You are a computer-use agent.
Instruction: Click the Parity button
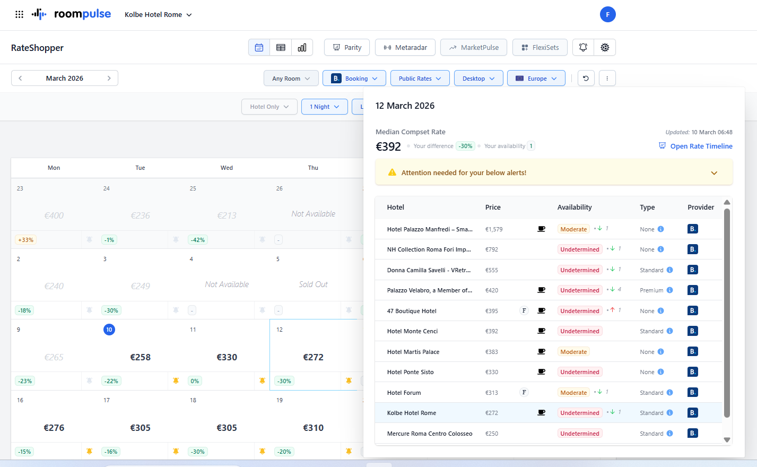click(x=347, y=47)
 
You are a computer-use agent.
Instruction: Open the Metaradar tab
click(x=405, y=47)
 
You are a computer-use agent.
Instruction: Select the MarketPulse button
click(x=474, y=47)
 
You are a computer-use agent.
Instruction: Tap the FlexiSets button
click(x=540, y=47)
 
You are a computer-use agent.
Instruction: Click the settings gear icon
click(x=605, y=47)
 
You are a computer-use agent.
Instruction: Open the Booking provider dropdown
click(x=354, y=78)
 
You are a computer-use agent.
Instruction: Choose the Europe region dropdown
click(x=536, y=78)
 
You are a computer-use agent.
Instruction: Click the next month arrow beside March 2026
click(x=109, y=78)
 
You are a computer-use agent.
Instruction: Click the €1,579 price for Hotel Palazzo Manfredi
click(x=494, y=229)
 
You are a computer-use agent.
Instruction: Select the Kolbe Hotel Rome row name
click(x=411, y=413)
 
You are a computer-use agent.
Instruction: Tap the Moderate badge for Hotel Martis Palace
click(x=573, y=352)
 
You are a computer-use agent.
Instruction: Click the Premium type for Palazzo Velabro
click(x=651, y=290)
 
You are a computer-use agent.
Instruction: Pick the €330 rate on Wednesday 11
click(x=227, y=357)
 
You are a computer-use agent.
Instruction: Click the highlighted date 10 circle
click(x=109, y=330)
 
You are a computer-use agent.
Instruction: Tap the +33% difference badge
click(x=25, y=240)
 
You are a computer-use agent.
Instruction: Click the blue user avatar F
click(x=607, y=14)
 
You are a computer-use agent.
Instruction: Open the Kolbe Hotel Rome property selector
click(x=158, y=14)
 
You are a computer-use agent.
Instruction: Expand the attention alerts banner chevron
click(x=714, y=173)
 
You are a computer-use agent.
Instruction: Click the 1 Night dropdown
click(x=325, y=107)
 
